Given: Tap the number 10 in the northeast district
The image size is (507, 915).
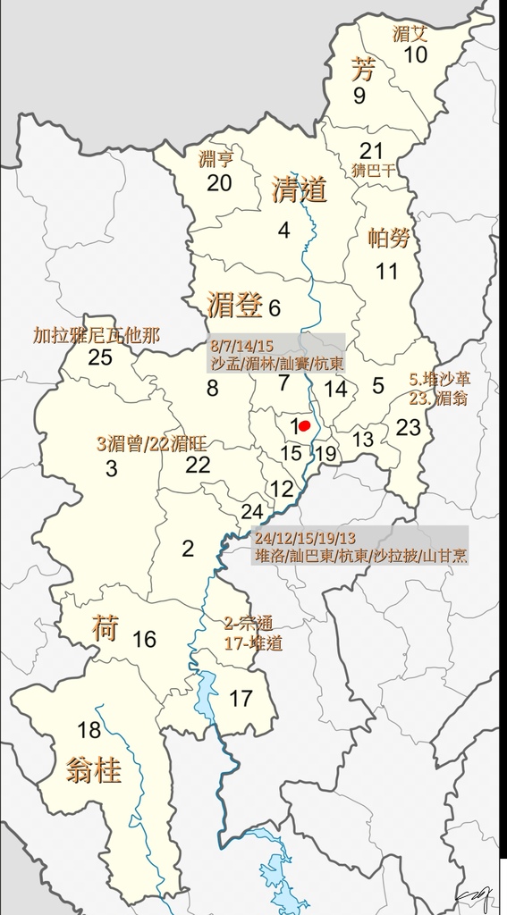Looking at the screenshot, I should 416,55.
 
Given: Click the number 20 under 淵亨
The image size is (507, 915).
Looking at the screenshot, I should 219,183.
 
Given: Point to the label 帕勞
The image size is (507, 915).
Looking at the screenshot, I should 389,239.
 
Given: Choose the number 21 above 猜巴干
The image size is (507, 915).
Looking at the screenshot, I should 371,151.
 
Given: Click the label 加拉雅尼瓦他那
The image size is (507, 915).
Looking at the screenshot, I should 96,336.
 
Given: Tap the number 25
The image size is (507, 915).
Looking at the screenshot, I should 99,357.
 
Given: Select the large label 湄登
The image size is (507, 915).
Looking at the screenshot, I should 234,306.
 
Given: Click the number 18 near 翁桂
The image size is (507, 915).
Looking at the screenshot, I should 89,731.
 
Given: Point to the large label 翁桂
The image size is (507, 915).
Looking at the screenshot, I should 93,770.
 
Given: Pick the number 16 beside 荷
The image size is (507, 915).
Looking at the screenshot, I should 144,639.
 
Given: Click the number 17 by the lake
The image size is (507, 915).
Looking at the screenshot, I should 241,699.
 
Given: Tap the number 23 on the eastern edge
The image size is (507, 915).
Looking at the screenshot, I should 409,427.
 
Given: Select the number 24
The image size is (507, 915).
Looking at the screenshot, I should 252,512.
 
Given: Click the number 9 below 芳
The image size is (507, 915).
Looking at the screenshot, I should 359,96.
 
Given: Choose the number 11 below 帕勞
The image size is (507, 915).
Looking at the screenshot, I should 386,271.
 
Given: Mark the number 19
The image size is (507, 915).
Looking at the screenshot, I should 326,453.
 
